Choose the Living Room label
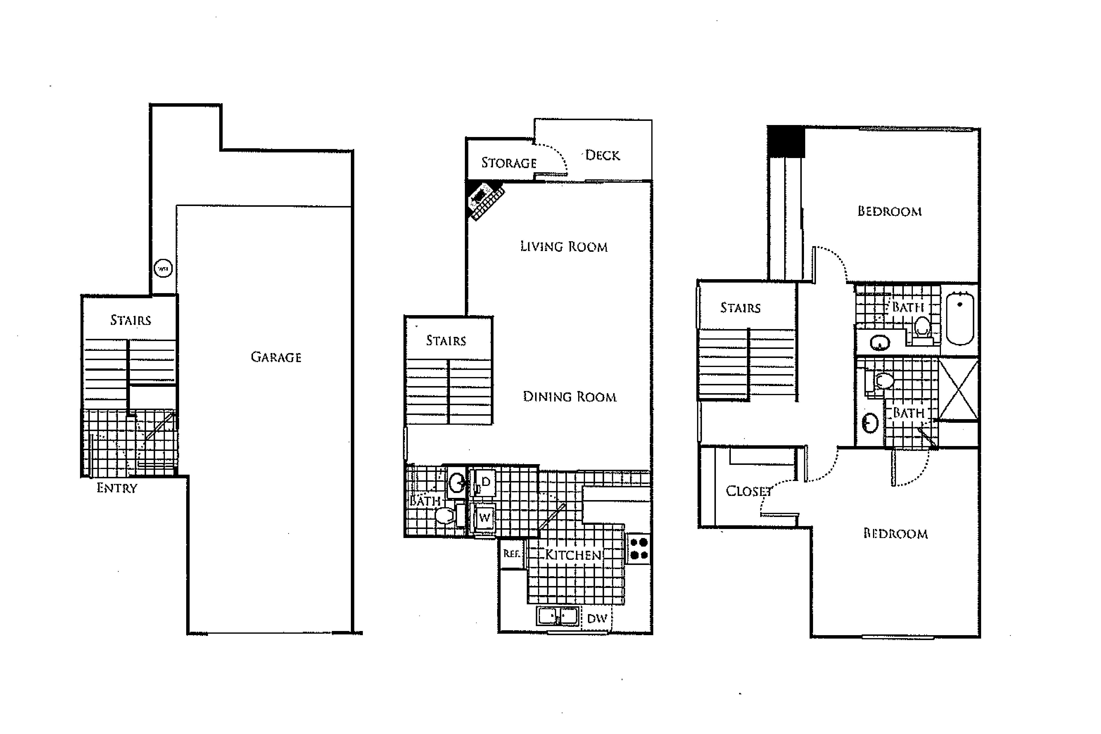tap(564, 247)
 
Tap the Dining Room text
tap(569, 397)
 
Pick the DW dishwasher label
tap(597, 618)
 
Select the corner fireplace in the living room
tap(485, 200)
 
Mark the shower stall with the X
tap(958, 390)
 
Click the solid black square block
tap(785, 141)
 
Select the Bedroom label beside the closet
tap(895, 534)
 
